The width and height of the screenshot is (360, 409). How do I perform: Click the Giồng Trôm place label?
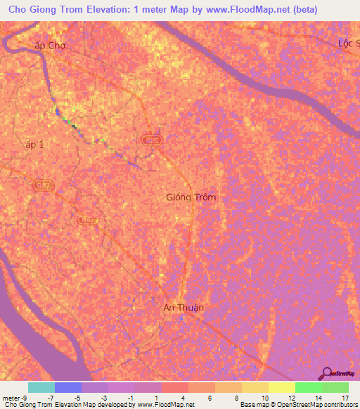point(191,197)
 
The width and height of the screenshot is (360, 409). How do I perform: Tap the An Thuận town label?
point(184,307)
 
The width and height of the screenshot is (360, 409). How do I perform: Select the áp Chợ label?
point(50,46)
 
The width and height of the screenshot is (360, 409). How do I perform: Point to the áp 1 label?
point(34,144)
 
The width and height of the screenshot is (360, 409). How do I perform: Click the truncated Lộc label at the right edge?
point(348,43)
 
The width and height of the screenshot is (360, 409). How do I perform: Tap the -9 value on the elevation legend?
point(25,398)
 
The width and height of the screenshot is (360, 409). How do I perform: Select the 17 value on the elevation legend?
point(345,398)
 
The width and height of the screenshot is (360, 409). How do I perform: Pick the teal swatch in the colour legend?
point(41,387)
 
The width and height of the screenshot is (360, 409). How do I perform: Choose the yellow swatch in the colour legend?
point(281,387)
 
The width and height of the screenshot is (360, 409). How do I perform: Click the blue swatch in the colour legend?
point(68,387)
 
